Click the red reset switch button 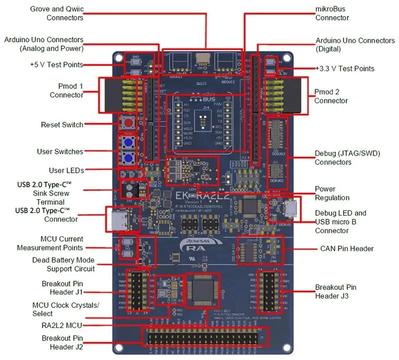click(x=128, y=124)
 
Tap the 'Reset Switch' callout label click(x=62, y=124)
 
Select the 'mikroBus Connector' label click(x=332, y=13)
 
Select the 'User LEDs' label click(x=66, y=170)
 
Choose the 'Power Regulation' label click(x=332, y=194)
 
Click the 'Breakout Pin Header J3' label click(x=336, y=292)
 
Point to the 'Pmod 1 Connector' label click(x=66, y=90)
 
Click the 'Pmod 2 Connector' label click(x=331, y=96)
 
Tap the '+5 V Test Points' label click(x=56, y=64)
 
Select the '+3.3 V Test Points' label click(x=345, y=68)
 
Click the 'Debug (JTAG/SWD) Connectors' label click(x=347, y=158)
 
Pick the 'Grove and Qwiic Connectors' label click(x=56, y=13)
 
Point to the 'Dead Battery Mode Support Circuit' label click(x=63, y=264)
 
